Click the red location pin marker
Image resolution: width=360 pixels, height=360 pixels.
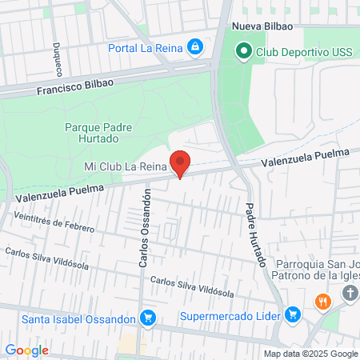(181, 162)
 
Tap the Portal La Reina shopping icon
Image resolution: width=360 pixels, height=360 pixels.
(195, 47)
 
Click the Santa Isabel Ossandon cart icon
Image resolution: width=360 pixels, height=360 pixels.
(147, 318)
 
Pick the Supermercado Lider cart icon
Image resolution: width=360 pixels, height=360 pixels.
(293, 314)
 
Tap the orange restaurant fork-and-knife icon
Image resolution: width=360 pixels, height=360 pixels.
(323, 302)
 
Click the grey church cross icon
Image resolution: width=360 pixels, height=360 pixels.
(350, 294)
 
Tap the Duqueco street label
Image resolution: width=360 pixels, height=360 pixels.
(58, 55)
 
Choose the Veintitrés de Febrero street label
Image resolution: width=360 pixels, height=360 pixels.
(53, 222)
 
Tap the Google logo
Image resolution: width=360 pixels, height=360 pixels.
(26, 350)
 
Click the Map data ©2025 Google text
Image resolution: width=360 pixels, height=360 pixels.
(310, 354)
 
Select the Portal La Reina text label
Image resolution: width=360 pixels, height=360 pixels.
(146, 47)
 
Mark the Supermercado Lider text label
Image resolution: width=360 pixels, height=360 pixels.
(232, 314)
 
